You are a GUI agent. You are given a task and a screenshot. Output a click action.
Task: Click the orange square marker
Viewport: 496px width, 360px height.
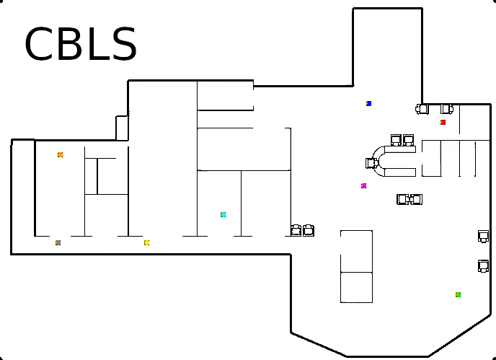(61, 154)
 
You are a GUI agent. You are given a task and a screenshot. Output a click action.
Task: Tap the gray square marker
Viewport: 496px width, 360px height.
(58, 242)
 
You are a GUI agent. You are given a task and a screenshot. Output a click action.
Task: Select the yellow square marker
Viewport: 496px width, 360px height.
(147, 242)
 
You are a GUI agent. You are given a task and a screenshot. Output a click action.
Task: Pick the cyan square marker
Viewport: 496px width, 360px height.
(223, 214)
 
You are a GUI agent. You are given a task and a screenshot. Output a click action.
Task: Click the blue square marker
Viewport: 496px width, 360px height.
(368, 104)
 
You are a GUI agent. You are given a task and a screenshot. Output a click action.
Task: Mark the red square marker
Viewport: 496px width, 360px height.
(443, 122)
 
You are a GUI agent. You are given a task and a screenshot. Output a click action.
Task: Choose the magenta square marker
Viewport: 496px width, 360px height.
(364, 185)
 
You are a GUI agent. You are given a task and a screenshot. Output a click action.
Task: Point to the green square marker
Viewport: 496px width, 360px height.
(458, 294)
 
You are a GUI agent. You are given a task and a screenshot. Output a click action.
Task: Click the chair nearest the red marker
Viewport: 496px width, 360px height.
(446, 109)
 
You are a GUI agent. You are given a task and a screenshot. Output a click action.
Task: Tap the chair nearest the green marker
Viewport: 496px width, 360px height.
(483, 266)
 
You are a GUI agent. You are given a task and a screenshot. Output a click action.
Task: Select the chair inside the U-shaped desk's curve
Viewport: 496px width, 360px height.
(372, 163)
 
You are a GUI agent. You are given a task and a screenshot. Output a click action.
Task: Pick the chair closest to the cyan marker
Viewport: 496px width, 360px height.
(296, 230)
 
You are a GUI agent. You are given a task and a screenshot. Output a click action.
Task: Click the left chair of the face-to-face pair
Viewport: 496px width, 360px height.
(402, 199)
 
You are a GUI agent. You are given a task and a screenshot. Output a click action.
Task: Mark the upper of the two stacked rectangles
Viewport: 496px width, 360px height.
(356, 251)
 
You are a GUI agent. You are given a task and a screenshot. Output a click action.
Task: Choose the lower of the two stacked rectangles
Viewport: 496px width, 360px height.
(356, 287)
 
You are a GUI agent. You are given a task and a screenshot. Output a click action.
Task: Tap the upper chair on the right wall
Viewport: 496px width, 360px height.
(483, 236)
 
